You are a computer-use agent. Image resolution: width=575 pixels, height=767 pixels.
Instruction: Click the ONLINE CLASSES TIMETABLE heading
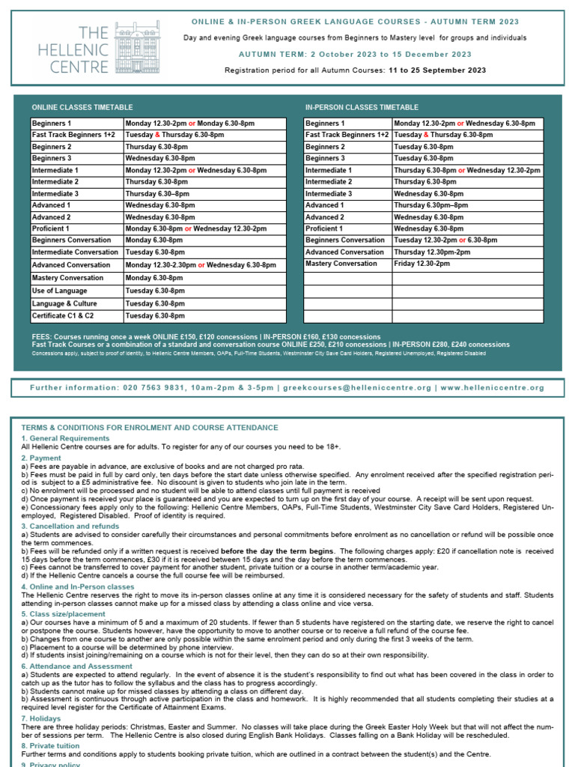pyautogui.click(x=82, y=108)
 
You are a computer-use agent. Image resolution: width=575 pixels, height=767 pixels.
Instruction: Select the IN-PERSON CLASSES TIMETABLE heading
pyautogui.click(x=362, y=108)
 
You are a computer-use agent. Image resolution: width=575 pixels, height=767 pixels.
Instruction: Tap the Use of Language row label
pyautogui.click(x=60, y=291)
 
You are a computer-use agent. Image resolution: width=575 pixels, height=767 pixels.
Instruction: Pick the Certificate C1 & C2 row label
pyautogui.click(x=63, y=316)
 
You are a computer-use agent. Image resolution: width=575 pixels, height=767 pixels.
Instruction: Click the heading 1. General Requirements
pyautogui.click(x=65, y=438)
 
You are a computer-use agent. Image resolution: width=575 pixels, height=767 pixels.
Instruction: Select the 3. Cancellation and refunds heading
pyautogui.click(x=71, y=527)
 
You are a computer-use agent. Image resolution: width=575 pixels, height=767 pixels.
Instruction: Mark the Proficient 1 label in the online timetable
pyautogui.click(x=51, y=228)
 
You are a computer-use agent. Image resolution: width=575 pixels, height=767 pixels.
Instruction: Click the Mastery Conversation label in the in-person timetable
pyautogui.click(x=341, y=264)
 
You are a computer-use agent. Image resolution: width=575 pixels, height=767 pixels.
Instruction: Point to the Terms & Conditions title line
pyautogui.click(x=150, y=428)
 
